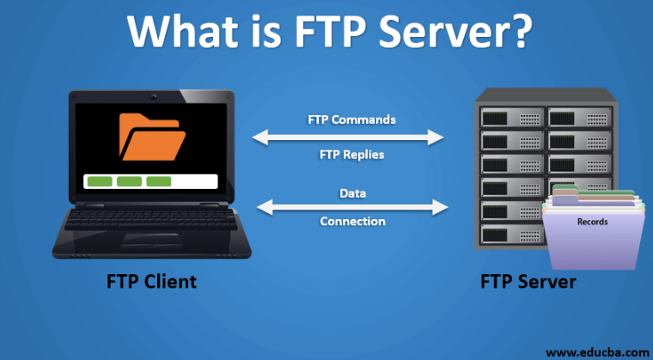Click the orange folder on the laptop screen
coord(152,137)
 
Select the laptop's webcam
coord(154,97)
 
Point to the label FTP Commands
coord(351,120)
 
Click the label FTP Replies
coord(351,155)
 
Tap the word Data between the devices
coord(352,193)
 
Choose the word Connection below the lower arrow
coord(352,221)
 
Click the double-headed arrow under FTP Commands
coord(348,137)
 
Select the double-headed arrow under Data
coord(352,207)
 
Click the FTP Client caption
coord(151,282)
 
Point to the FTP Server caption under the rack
coord(528,282)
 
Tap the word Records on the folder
coord(592,222)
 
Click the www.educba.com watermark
coord(597,352)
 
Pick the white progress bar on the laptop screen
coord(150,181)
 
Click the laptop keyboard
coord(150,220)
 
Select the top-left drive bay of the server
coord(512,118)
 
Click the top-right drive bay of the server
coord(580,118)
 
